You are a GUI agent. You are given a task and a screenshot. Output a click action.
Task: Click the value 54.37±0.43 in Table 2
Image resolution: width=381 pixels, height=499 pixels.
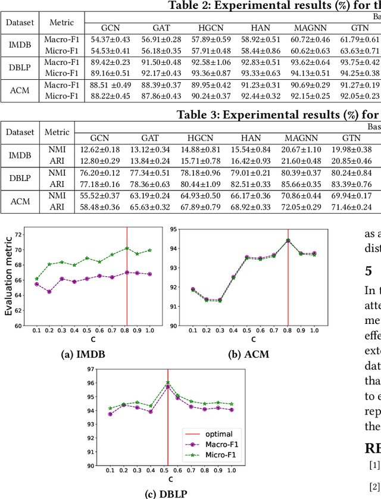click(x=110, y=39)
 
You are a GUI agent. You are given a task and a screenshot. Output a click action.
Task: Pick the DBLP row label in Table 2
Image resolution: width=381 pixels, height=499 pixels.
click(x=19, y=67)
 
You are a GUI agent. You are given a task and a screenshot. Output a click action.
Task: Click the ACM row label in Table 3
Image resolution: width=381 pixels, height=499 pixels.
click(x=23, y=200)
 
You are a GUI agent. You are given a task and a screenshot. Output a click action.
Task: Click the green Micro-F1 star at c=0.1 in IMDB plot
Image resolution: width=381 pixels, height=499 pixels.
click(x=37, y=279)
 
